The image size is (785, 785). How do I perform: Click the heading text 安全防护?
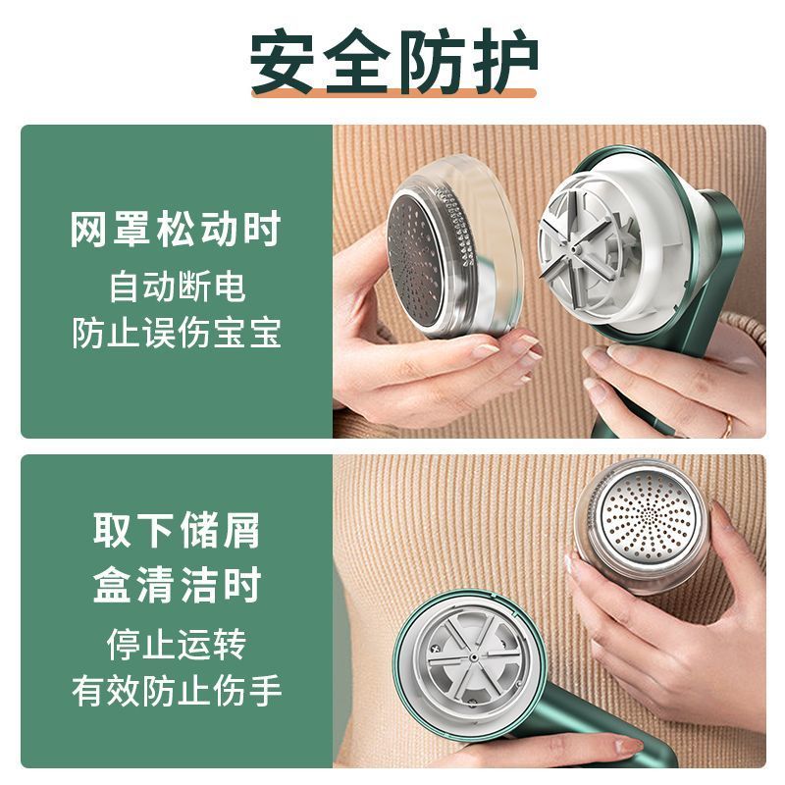393,61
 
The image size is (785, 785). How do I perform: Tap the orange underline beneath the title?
393,92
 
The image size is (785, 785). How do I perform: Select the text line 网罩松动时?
176,230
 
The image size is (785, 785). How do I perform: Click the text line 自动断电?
178,287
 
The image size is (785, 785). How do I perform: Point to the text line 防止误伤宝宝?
177,333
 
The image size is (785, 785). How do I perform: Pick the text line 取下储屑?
177,530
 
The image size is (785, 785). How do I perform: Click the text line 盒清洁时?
177,584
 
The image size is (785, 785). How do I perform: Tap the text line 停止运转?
177,645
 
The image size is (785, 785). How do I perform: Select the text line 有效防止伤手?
177,692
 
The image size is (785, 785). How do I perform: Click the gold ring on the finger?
727,426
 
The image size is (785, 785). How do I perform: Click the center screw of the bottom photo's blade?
473,656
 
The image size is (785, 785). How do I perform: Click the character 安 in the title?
282,62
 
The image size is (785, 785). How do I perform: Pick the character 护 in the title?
503,61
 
